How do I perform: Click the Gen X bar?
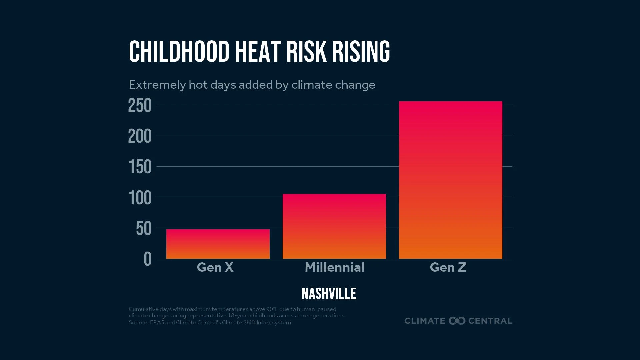[218, 244]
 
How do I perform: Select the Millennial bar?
[334, 226]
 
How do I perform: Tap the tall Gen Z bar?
[450, 180]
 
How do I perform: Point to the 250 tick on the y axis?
[140, 106]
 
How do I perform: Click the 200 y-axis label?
[140, 136]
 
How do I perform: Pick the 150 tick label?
[140, 167]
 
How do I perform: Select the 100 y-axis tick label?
[140, 198]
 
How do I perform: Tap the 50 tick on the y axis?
[144, 229]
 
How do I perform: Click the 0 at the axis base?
[148, 259]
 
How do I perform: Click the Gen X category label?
[215, 267]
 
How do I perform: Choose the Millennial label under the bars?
[335, 267]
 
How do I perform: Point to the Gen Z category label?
[448, 267]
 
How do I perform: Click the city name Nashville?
[329, 294]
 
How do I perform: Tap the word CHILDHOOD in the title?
[179, 52]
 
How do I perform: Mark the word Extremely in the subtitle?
[157, 85]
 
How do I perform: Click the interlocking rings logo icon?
[457, 321]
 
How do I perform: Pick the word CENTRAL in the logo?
[490, 321]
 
